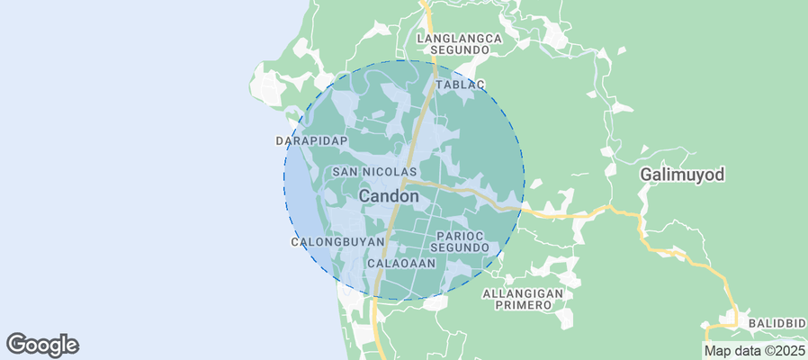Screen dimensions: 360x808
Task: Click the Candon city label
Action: (389, 195)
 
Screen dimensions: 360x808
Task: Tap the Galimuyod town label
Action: (682, 174)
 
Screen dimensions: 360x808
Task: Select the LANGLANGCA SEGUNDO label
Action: (459, 45)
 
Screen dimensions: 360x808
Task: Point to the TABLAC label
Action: (460, 85)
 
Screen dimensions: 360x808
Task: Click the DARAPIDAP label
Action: (310, 141)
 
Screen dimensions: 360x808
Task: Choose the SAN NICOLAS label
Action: (374, 171)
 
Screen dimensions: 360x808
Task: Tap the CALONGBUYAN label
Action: (338, 242)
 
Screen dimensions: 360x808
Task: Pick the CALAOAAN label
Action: (401, 264)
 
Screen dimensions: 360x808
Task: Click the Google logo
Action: (42, 344)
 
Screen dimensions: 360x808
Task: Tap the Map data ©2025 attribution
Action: (754, 351)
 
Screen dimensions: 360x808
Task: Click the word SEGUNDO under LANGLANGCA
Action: (459, 51)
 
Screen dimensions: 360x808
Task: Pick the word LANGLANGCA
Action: (459, 39)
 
